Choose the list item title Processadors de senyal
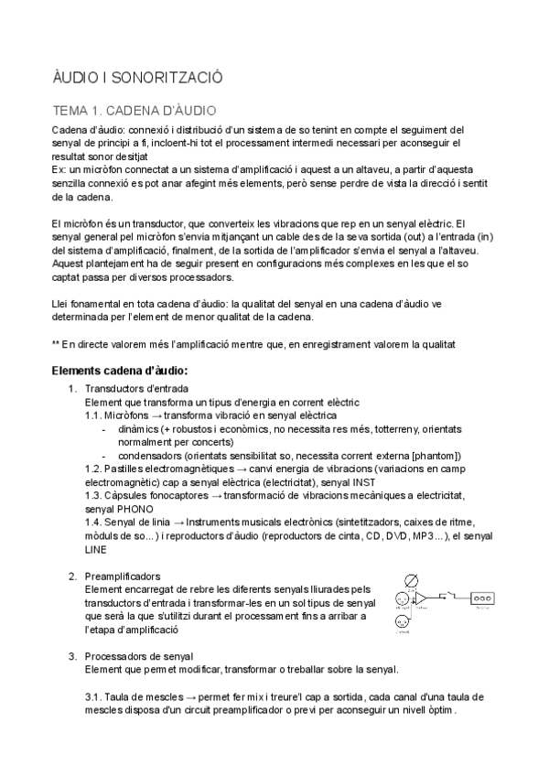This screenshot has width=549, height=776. click(x=138, y=656)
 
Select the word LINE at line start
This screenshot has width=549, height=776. click(x=95, y=549)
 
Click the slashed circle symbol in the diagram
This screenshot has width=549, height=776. click(x=412, y=579)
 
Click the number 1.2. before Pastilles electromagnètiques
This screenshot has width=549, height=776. click(x=94, y=468)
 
